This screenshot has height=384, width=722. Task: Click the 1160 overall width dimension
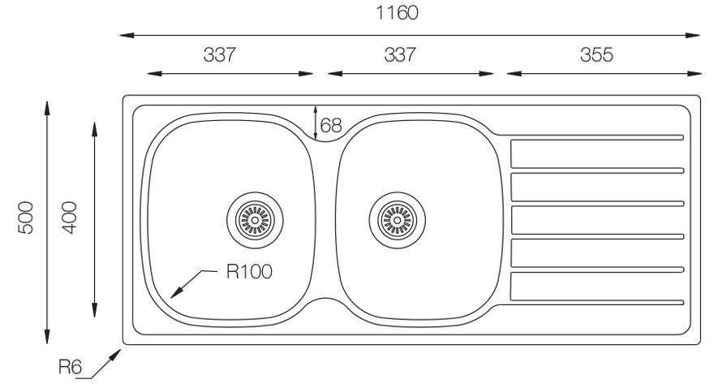coord(398,13)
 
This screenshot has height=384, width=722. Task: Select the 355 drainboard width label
coord(597,55)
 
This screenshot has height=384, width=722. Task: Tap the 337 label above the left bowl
coord(220,55)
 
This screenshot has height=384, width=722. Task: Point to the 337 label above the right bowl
coord(400,55)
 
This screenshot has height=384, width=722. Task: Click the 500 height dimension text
coord(26,218)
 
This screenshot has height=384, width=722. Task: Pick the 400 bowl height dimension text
coord(69,218)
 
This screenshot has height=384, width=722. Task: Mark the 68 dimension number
coord(331,125)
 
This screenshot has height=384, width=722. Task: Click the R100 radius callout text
coord(249,271)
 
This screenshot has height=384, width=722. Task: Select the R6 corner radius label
coord(70,367)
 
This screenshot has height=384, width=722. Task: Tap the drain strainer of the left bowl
coord(255,220)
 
